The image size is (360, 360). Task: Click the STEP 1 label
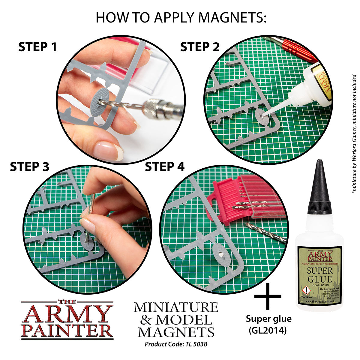(37, 47)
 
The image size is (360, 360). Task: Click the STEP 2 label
(199, 47)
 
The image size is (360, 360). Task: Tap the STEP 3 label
(29, 167)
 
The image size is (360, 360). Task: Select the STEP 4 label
(165, 167)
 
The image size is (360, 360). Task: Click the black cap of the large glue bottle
(319, 186)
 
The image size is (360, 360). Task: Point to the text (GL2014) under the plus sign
(268, 330)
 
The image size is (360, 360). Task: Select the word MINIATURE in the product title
(176, 307)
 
